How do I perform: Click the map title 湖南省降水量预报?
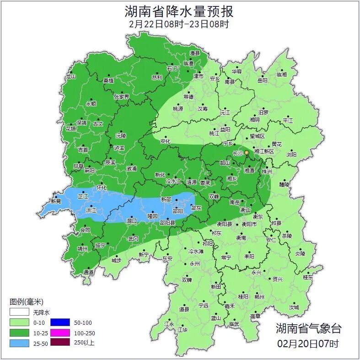pos(179,11)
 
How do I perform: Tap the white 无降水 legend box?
pos(20,313)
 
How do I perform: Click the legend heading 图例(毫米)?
pos(26,302)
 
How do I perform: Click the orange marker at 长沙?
pos(247,152)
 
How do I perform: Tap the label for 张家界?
pos(121,97)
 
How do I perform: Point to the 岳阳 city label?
pos(262,81)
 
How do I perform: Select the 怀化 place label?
pos(102,188)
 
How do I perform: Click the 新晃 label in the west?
pos(56,201)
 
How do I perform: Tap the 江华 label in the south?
pos(183,329)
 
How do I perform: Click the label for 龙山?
pos(70,77)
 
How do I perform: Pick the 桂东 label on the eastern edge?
pos(308,277)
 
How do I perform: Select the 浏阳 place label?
pos(291,155)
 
